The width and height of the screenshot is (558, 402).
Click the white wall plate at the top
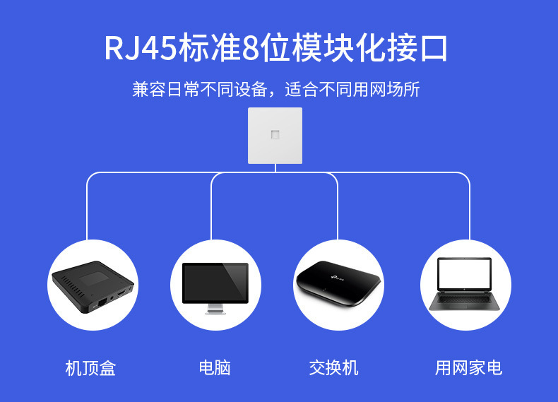pyautogui.click(x=275, y=136)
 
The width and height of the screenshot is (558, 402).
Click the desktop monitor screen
pyautogui.click(x=215, y=283)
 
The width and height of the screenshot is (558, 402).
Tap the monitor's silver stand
pyautogui.click(x=215, y=309)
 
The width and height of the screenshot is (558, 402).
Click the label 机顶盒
pyautogui.click(x=90, y=368)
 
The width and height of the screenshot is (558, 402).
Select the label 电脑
pyautogui.click(x=215, y=368)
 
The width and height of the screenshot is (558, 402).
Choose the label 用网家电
pyautogui.click(x=468, y=368)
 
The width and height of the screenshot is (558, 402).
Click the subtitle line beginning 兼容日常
pyautogui.click(x=276, y=90)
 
